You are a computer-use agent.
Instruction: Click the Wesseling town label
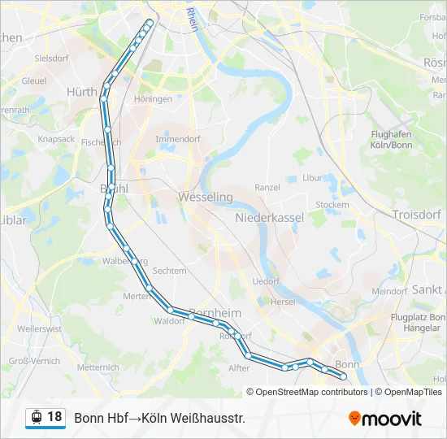coord(205,198)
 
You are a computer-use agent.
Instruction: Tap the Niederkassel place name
coord(269,218)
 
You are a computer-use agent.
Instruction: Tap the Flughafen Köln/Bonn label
coord(390,139)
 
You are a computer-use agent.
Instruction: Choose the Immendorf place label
coord(177,139)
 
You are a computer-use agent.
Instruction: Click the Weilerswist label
coord(39,328)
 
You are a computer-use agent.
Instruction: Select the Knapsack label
coord(56,139)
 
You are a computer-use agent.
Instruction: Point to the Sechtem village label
coord(169,271)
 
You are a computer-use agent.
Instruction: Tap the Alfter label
coord(239,367)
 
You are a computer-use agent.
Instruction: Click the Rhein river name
coord(192,19)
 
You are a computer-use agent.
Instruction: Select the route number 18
coord(54,417)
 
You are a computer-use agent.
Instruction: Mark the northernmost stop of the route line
coord(150,23)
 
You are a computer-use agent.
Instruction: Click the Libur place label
coord(313,177)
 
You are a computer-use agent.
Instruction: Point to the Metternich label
coord(98,367)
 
